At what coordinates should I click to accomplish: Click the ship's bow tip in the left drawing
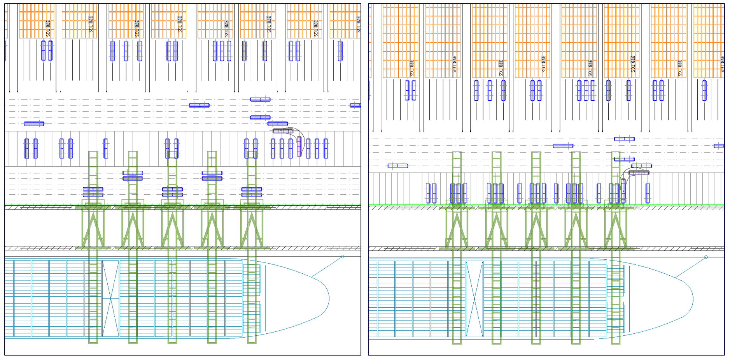click(x=329, y=299)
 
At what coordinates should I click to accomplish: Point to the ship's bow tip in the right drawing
click(x=693, y=299)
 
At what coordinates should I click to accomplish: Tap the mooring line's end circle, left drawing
click(x=342, y=256)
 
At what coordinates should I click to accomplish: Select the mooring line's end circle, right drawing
click(x=706, y=257)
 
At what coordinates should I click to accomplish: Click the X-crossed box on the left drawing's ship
click(x=111, y=298)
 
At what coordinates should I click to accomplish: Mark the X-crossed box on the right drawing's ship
click(x=474, y=299)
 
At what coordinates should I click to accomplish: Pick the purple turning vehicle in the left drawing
click(x=299, y=146)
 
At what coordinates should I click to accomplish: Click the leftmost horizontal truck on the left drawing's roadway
click(x=34, y=124)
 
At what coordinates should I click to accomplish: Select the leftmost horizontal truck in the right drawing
click(x=398, y=166)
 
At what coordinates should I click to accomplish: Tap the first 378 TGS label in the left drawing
click(x=48, y=28)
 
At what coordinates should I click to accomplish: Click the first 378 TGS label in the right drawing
click(x=411, y=68)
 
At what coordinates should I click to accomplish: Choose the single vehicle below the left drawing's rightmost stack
click(x=340, y=51)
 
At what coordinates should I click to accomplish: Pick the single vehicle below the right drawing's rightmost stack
click(x=704, y=90)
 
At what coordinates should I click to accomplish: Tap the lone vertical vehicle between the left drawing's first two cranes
click(x=106, y=148)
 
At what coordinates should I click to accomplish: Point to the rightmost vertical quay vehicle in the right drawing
click(x=648, y=193)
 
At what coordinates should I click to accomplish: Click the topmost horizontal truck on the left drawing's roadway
click(x=260, y=99)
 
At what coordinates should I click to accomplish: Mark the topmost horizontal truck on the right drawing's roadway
click(x=624, y=139)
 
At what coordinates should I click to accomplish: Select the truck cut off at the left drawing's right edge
click(x=355, y=106)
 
